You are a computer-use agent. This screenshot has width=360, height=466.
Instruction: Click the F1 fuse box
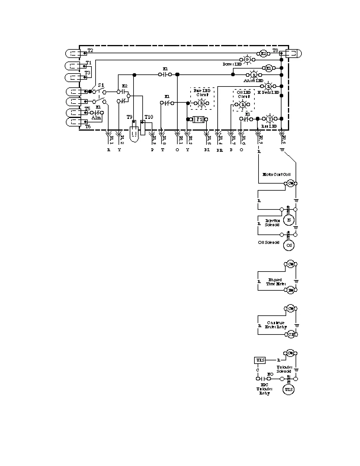[x=199, y=119]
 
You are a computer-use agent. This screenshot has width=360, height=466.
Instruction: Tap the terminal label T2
[x=90, y=51]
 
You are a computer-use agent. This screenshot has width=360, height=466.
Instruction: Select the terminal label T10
[x=149, y=117]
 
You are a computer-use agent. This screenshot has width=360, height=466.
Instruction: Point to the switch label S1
[x=101, y=85]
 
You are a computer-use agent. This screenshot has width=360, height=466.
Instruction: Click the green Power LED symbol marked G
[x=247, y=59]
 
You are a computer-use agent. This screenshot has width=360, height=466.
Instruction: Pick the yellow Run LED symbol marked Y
[x=269, y=119]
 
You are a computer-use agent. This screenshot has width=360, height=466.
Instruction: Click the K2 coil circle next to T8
[x=264, y=54]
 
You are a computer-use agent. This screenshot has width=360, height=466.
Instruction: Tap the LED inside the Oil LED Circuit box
[x=243, y=104]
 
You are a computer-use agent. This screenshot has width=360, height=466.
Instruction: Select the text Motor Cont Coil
[x=276, y=174]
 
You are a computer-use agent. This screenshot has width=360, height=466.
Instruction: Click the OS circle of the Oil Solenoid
[x=289, y=245]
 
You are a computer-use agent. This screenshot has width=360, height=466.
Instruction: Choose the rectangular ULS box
[x=260, y=360]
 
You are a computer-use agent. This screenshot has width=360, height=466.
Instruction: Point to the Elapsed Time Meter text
[x=275, y=282]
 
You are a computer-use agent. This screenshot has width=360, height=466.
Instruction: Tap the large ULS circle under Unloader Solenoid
[x=289, y=390]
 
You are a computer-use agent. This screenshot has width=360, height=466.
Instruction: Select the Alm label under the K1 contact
[x=96, y=117]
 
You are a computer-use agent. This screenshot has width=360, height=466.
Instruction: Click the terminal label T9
[x=130, y=117]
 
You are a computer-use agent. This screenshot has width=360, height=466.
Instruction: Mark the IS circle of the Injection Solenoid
[x=289, y=220]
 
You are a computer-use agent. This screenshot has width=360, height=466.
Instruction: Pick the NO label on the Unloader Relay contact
[x=270, y=374]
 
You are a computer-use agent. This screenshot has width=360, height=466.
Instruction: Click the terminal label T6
[x=88, y=127]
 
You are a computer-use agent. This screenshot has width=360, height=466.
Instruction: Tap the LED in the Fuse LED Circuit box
[x=202, y=103]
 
